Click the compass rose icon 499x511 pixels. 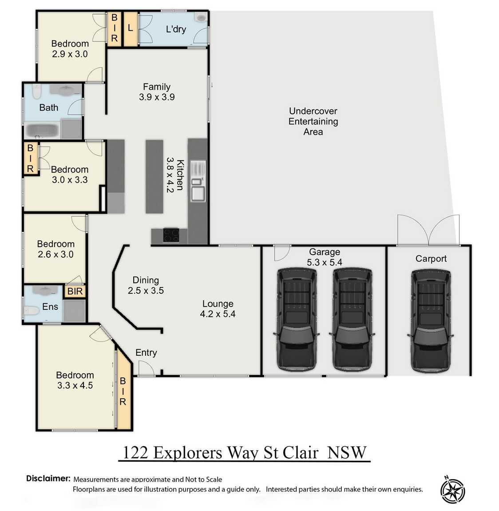452,491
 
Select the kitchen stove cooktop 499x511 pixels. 171,235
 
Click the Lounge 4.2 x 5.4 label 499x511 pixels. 218,309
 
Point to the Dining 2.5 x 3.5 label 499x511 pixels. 146,285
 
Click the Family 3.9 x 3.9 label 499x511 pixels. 156,92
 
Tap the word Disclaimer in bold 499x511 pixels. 48,479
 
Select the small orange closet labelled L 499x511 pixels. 130,28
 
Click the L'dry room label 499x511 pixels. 176,29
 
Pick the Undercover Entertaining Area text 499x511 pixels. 313,121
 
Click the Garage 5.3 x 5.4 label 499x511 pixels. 325,257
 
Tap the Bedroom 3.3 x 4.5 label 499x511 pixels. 75,380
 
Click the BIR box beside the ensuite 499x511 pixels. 75,291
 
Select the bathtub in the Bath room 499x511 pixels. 41,130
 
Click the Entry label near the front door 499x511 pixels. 146,352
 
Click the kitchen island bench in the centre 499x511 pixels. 154,176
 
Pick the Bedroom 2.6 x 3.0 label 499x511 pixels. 55,249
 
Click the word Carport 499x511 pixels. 431,259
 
